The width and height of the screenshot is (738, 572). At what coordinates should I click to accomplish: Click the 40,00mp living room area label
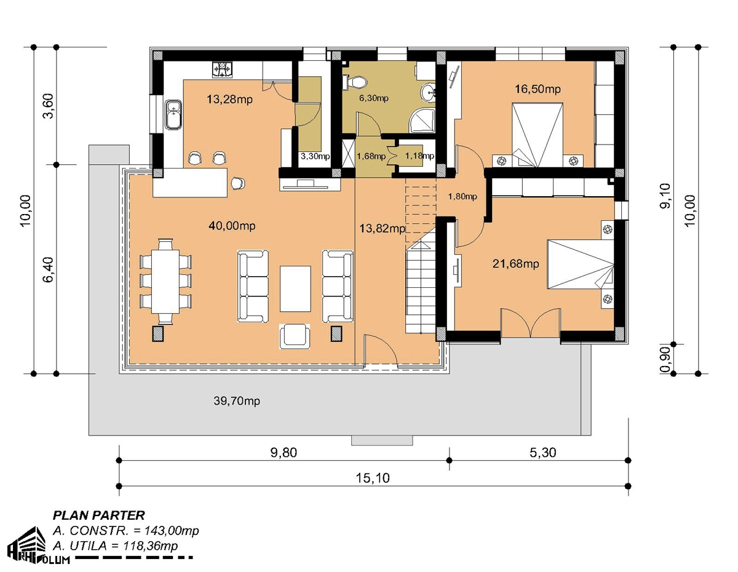232,226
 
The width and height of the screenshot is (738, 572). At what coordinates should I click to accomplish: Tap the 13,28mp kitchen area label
229,100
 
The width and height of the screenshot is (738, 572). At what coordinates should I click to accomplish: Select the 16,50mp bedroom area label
538,89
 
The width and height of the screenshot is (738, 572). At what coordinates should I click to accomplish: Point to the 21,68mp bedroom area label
515,264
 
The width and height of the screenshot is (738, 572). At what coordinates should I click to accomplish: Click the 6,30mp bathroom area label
373,98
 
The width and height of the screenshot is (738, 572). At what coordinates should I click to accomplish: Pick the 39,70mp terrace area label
237,401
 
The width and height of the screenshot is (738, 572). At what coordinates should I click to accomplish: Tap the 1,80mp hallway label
462,196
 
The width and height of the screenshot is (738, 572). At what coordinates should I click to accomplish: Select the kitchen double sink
174,114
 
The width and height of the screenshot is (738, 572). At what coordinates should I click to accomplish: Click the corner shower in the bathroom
422,121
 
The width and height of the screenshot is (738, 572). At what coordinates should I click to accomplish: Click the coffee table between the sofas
295,288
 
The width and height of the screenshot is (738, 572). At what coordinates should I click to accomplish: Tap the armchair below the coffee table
295,336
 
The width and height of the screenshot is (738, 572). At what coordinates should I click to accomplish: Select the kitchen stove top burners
223,70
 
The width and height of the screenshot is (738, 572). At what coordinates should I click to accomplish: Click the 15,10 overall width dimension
373,479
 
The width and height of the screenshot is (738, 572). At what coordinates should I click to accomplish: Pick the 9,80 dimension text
284,453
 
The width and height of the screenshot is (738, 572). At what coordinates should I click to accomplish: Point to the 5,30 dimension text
542,453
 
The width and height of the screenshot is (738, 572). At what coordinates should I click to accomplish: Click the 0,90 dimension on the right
666,359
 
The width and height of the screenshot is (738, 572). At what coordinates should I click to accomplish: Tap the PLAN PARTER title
99,515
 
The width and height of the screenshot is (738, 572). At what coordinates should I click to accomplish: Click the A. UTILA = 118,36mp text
116,546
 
